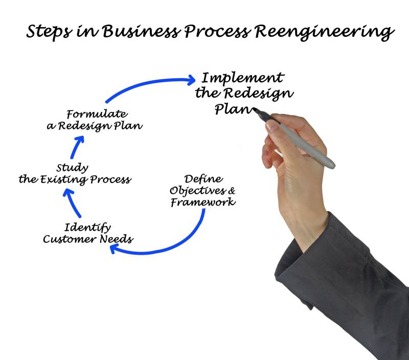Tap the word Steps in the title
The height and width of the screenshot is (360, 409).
coord(48,32)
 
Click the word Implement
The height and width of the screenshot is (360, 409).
coord(242,79)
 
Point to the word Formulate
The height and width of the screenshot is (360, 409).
coord(97,114)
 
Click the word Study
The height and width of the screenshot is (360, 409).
coord(72,168)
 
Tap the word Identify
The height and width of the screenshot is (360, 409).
coord(88,227)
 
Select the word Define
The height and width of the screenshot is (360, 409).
coord(203,179)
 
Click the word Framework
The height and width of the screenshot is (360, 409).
coord(203,202)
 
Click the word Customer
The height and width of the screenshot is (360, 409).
coord(65,239)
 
